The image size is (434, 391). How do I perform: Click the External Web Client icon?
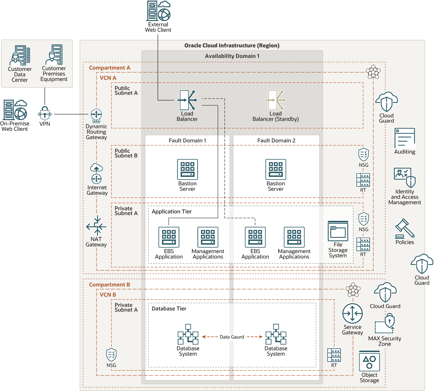coord(158,11)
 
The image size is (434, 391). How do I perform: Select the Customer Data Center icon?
coord(20,55)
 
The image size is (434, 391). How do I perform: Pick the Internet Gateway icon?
coord(96,173)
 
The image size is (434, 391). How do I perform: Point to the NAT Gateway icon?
coord(96,226)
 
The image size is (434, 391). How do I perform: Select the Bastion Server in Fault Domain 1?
coord(187,169)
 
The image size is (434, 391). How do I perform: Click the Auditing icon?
coord(405,138)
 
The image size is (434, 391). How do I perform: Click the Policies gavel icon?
coord(405,229)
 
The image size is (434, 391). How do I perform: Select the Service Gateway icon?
coord(352,313)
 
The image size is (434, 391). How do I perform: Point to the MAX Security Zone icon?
coord(385,323)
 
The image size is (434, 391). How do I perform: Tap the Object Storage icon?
coord(369,361)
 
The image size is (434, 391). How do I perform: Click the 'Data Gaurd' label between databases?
coord(232,337)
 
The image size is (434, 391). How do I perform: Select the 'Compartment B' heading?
coord(109,285)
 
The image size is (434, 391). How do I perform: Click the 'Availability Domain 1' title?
coord(232,56)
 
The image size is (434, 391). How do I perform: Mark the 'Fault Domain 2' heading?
coord(276,140)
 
